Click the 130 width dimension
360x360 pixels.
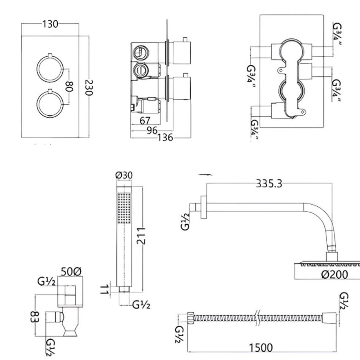(x=50, y=24)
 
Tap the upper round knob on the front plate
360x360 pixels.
(x=50, y=69)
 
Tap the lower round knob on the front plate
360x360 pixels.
(x=50, y=104)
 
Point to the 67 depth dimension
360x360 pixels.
(x=145, y=121)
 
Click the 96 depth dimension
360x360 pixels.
(x=152, y=130)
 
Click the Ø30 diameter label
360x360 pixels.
(x=124, y=175)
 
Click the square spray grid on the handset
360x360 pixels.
(x=124, y=208)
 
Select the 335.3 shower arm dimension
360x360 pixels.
(x=269, y=184)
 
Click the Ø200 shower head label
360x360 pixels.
(x=334, y=274)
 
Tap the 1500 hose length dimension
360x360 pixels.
(x=261, y=348)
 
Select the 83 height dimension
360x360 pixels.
(x=34, y=316)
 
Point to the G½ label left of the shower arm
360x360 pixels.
(x=185, y=221)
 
